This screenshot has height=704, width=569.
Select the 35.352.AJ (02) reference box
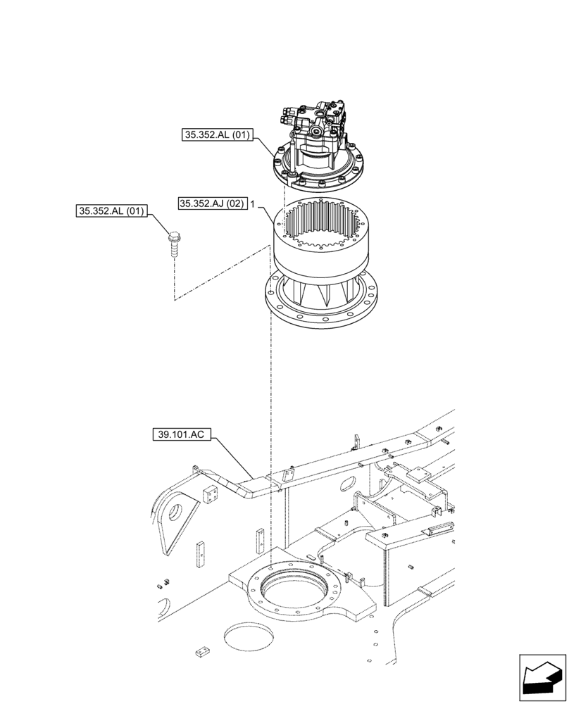click(x=211, y=203)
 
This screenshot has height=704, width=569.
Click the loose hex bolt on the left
click(x=173, y=244)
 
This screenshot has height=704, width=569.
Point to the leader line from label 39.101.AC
click(x=232, y=458)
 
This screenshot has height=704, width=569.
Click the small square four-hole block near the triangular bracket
click(x=209, y=495)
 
